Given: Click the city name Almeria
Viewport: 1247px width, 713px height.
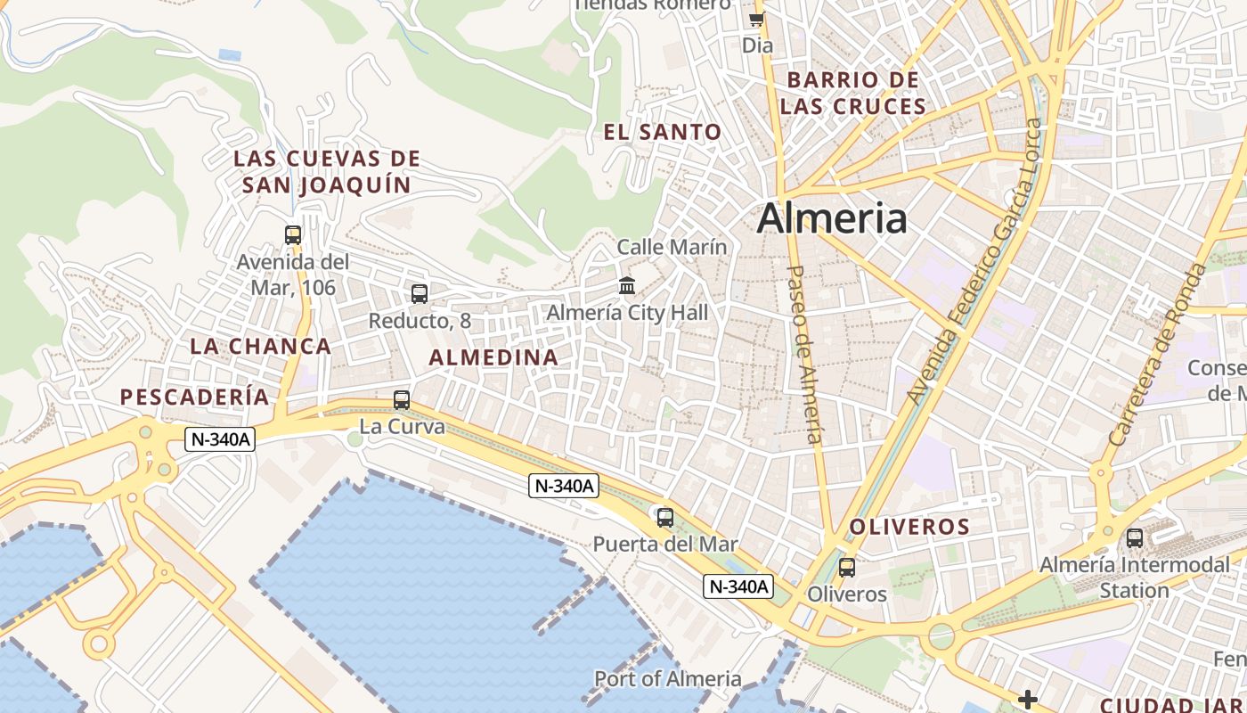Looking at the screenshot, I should tap(832, 218).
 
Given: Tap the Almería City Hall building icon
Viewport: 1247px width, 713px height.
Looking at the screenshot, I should tap(627, 286).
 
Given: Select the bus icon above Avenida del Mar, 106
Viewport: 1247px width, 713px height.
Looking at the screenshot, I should tap(293, 235).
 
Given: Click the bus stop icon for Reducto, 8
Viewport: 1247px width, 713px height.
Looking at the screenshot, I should tap(420, 293).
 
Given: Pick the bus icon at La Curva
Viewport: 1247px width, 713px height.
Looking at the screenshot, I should tap(402, 400).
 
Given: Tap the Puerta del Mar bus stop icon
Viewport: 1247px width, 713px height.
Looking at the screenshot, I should tap(664, 517).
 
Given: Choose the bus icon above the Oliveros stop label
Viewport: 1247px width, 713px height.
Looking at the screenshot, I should tap(846, 567).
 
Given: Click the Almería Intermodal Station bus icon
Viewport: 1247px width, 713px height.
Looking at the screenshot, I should tap(1134, 538).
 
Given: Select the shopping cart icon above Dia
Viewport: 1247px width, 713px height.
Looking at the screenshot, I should tap(756, 19).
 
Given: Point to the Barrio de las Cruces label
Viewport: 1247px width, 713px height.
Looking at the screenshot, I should tap(852, 93).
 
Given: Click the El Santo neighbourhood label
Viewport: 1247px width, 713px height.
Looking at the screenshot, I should tap(662, 133).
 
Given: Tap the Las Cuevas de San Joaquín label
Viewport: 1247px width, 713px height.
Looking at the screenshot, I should tap(326, 172).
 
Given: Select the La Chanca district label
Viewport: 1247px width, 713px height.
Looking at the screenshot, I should tap(260, 347).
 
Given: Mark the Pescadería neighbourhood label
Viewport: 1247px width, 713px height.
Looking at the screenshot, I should tap(194, 397).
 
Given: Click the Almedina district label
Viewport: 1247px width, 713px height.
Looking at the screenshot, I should tap(493, 357).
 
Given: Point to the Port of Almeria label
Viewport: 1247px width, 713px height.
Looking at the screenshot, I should tap(667, 678).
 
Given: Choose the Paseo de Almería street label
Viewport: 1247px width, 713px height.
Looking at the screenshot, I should tap(804, 354).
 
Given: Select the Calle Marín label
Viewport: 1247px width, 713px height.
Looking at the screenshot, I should tap(672, 247).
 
